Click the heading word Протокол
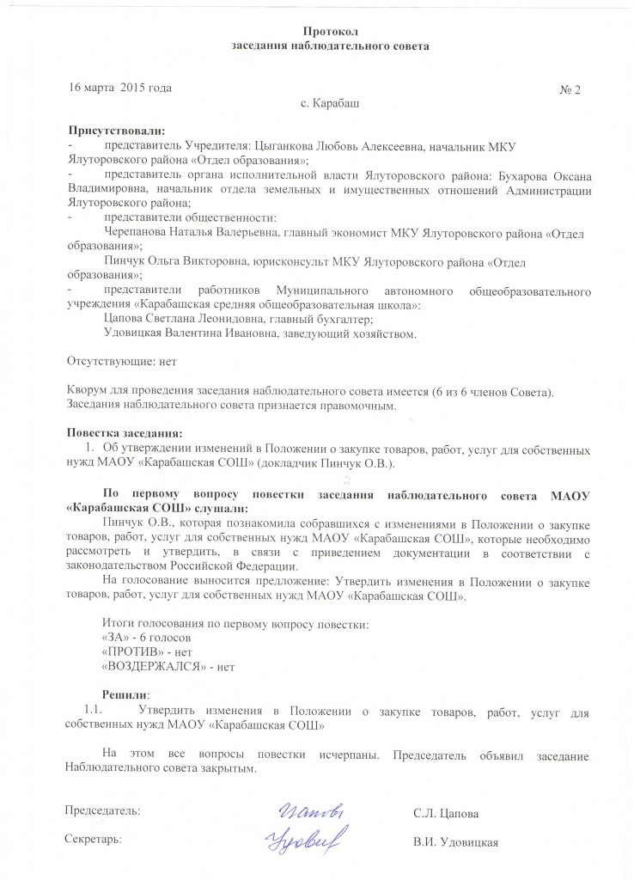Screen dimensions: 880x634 pyautogui.click(x=330, y=31)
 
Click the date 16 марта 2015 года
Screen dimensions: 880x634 pyautogui.click(x=120, y=89)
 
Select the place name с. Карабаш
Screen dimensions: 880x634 pyautogui.click(x=330, y=105)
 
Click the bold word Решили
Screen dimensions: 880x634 pyautogui.click(x=125, y=694)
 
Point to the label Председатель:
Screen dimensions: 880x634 pyautogui.click(x=104, y=810)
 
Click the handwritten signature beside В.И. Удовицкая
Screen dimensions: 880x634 pyautogui.click(x=302, y=837)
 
